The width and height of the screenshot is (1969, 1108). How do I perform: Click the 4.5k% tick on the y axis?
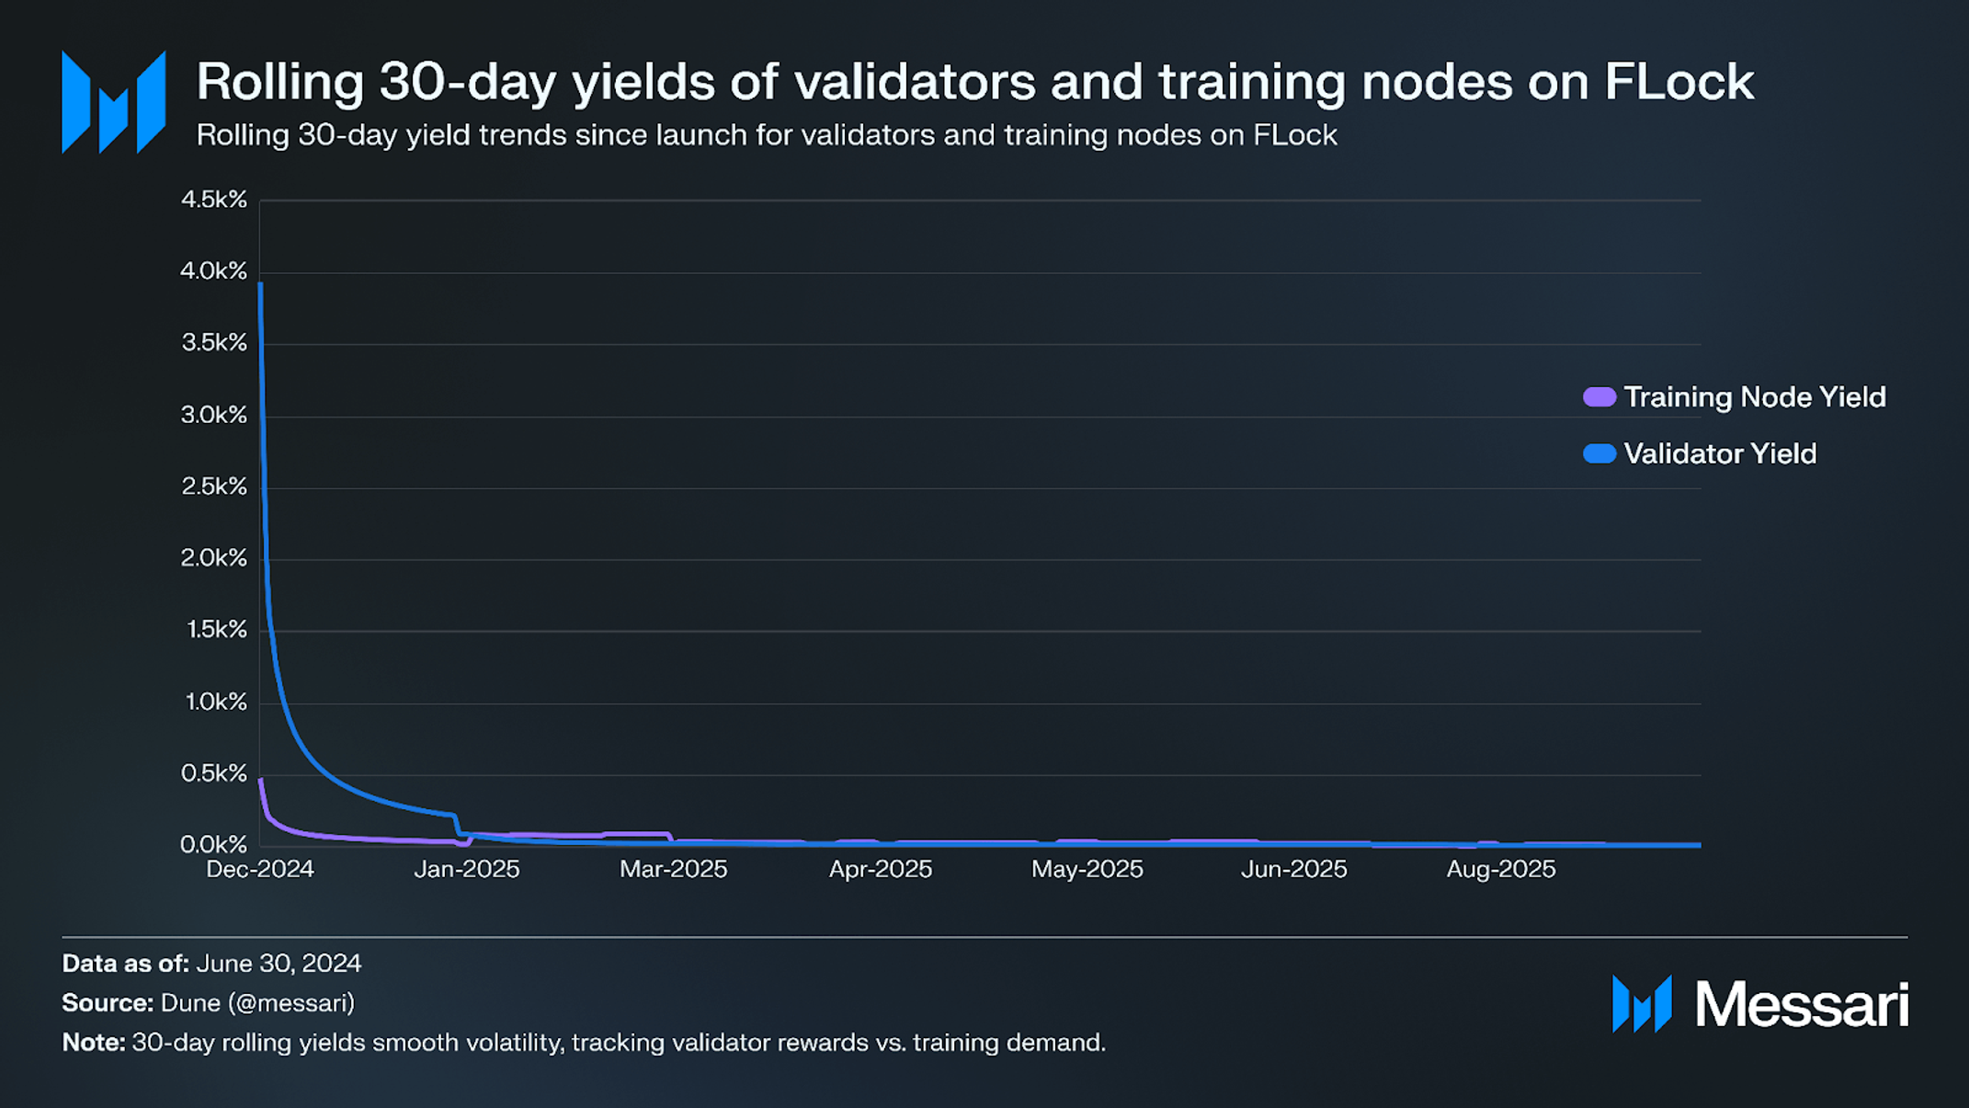click(214, 200)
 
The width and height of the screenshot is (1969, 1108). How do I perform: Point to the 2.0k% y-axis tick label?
click(214, 558)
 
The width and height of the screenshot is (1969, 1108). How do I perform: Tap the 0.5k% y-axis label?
click(214, 773)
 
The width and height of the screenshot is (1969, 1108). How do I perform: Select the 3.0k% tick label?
click(214, 415)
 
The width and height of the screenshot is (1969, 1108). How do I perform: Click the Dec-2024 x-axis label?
click(260, 870)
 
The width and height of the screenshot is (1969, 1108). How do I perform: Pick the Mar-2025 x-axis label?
click(673, 870)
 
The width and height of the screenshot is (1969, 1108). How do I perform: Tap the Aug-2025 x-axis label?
click(1500, 870)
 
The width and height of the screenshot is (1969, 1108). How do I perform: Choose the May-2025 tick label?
click(1087, 870)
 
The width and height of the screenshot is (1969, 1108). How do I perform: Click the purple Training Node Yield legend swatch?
click(1599, 397)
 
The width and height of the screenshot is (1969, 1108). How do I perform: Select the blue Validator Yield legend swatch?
click(1599, 454)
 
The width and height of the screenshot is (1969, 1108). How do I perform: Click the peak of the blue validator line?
click(261, 285)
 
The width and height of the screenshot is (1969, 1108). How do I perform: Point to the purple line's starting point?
click(261, 780)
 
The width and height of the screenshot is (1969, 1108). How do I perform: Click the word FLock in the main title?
click(1679, 82)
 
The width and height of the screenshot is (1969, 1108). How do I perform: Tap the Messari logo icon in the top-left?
click(113, 102)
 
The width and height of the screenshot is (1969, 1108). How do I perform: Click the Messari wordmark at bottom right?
click(1801, 1004)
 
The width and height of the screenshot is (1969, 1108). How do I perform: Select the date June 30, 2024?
click(279, 964)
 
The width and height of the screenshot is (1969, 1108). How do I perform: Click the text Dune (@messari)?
click(257, 1003)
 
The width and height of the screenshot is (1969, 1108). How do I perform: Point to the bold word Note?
click(93, 1043)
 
